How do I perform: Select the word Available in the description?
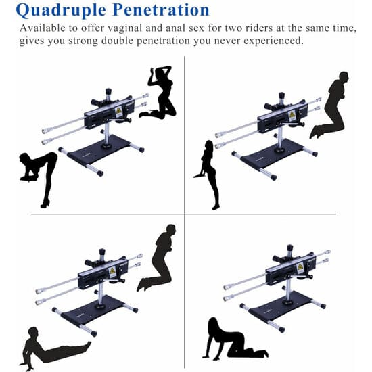pos(43,28)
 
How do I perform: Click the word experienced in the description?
pos(273,41)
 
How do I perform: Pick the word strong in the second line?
pos(83,41)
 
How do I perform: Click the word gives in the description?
pos(32,41)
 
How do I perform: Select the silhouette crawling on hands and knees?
pos(235,338)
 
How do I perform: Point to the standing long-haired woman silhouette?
pos(208,175)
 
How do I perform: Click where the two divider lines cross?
pos(185,214)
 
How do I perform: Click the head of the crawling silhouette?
pos(213,325)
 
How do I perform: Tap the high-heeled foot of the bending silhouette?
pos(45,204)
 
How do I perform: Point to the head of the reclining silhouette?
pos(33,333)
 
